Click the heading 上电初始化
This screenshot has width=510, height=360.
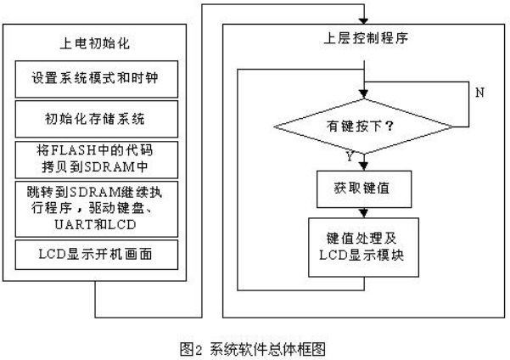pos(95,43)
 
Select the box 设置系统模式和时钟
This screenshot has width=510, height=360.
pos(97,79)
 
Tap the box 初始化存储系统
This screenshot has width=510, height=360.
pos(97,119)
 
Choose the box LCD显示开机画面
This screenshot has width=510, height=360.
pos(97,255)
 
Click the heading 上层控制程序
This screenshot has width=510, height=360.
pos(365,38)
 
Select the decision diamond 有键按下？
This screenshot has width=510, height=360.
pos(364,127)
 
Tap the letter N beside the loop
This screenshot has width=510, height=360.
pos(479,93)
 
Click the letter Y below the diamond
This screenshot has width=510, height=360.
pos(350,157)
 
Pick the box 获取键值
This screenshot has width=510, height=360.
pos(364,189)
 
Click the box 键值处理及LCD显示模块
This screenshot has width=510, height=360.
pos(363,247)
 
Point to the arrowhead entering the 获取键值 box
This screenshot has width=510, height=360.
pos(364,166)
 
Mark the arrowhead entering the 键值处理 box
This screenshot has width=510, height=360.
pos(364,213)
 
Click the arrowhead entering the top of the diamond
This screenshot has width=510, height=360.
pos(364,94)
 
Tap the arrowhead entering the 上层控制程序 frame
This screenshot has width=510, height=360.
pos(364,21)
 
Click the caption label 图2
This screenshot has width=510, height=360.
pos(191,349)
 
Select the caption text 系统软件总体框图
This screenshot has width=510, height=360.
pos(267,349)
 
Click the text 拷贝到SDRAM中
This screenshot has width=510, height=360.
pos(95,167)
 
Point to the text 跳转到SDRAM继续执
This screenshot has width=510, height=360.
pos(95,192)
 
